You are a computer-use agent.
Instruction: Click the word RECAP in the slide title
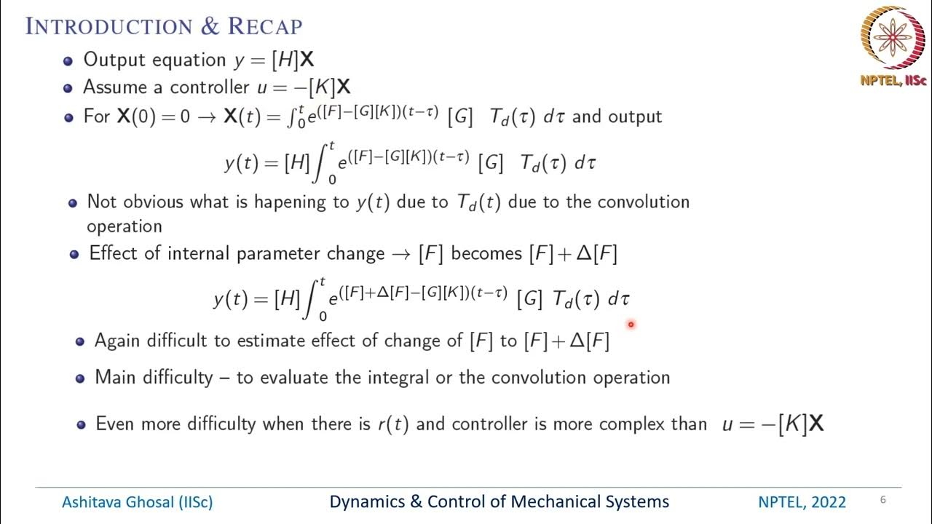point(265,27)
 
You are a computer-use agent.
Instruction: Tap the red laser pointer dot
point(631,325)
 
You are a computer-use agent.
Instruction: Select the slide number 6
point(882,500)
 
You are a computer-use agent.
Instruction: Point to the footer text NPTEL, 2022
point(802,502)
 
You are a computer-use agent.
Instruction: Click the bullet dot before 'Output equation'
point(68,61)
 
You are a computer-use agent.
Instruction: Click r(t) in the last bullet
point(392,424)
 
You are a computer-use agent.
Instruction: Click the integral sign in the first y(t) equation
point(320,163)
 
